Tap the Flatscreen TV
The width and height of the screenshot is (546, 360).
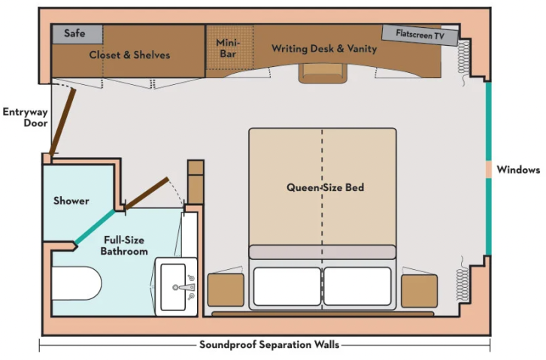(419, 35)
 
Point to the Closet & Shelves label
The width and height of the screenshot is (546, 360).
(129, 55)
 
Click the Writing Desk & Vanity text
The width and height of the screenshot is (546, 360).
(324, 49)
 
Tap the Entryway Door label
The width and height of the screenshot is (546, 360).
(25, 119)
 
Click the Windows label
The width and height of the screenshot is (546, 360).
(518, 170)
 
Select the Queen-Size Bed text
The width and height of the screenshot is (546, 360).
(325, 187)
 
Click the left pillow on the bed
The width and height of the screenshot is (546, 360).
(287, 286)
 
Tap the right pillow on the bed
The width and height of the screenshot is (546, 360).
(358, 286)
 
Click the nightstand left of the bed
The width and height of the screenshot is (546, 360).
(226, 291)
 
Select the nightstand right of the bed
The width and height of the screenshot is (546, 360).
(419, 291)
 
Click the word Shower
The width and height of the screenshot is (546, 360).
(71, 201)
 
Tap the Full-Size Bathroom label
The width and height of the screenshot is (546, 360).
(124, 245)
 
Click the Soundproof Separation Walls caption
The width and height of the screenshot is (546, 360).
(268, 345)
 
